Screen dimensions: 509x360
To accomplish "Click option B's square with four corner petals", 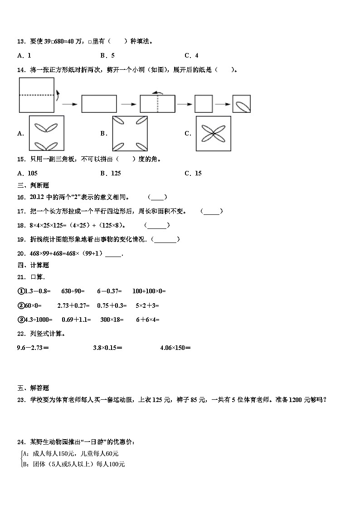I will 130,133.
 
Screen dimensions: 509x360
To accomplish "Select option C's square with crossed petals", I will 213,133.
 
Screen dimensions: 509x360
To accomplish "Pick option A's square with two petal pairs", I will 46,133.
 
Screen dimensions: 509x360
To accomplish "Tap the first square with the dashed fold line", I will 37,95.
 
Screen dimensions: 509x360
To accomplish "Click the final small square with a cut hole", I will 242,104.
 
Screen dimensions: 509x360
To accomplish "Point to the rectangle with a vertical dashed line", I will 157,104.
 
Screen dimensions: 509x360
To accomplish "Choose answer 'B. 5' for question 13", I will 107,55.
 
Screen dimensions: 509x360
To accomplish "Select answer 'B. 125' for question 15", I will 111,173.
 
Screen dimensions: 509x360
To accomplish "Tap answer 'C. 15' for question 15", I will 193,173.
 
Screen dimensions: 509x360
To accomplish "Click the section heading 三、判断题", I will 33,185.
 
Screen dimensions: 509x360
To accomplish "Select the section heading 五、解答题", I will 33,388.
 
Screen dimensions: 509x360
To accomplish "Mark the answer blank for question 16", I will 158,197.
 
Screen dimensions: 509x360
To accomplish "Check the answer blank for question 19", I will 165,239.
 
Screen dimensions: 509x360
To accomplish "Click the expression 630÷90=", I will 73,291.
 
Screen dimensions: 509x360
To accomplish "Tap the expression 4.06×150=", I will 175,348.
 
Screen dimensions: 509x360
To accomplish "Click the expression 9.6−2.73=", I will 33,348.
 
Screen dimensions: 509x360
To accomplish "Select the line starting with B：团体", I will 73,464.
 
